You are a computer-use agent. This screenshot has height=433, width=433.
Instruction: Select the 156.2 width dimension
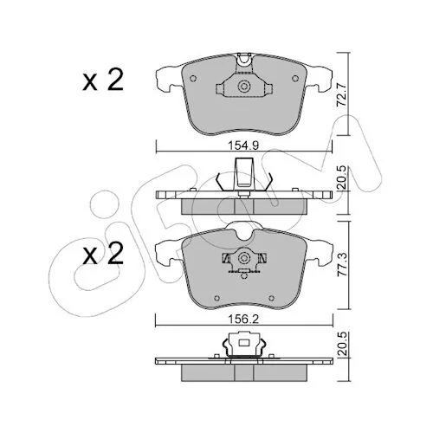243,320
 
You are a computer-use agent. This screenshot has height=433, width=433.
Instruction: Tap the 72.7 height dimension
342,95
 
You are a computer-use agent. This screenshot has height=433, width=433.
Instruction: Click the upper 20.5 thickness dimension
342,178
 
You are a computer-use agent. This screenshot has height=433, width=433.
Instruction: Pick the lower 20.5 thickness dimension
342,344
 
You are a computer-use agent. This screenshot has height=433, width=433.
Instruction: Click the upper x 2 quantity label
103,80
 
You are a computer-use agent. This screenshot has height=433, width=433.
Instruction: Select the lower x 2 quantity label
103,253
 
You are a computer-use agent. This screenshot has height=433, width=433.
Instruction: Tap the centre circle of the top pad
244,87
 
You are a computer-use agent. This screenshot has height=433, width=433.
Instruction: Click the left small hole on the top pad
193,78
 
